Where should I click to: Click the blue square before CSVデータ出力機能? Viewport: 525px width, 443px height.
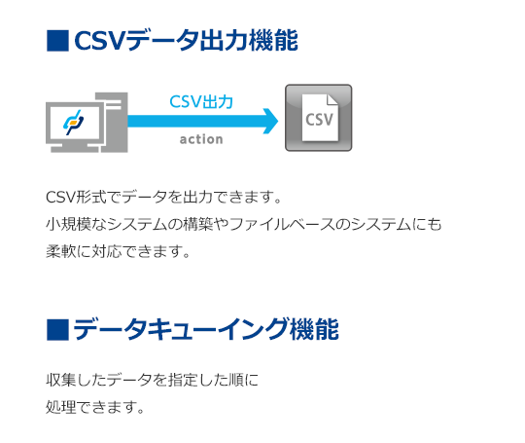57,41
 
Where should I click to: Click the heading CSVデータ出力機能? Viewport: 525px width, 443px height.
186,41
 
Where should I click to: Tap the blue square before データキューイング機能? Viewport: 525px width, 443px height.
57,330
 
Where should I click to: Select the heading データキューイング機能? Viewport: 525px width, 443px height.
206,330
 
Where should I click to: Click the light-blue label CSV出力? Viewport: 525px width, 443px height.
201,101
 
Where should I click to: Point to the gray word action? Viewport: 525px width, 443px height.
201,139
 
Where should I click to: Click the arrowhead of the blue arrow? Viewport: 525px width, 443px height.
270,121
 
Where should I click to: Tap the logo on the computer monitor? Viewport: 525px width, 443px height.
74,123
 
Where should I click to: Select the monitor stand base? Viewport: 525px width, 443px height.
74,148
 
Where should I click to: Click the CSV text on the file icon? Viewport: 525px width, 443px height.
319,120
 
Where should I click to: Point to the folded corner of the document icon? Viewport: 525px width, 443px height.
332,99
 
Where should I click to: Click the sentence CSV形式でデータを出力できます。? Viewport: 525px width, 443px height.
163,197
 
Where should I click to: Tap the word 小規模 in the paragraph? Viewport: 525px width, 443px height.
68,224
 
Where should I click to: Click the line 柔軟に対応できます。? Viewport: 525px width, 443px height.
119,251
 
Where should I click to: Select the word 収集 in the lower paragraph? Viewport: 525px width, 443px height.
61,380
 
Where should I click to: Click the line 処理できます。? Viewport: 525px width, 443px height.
95,407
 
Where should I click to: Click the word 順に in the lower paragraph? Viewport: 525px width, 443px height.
243,380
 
